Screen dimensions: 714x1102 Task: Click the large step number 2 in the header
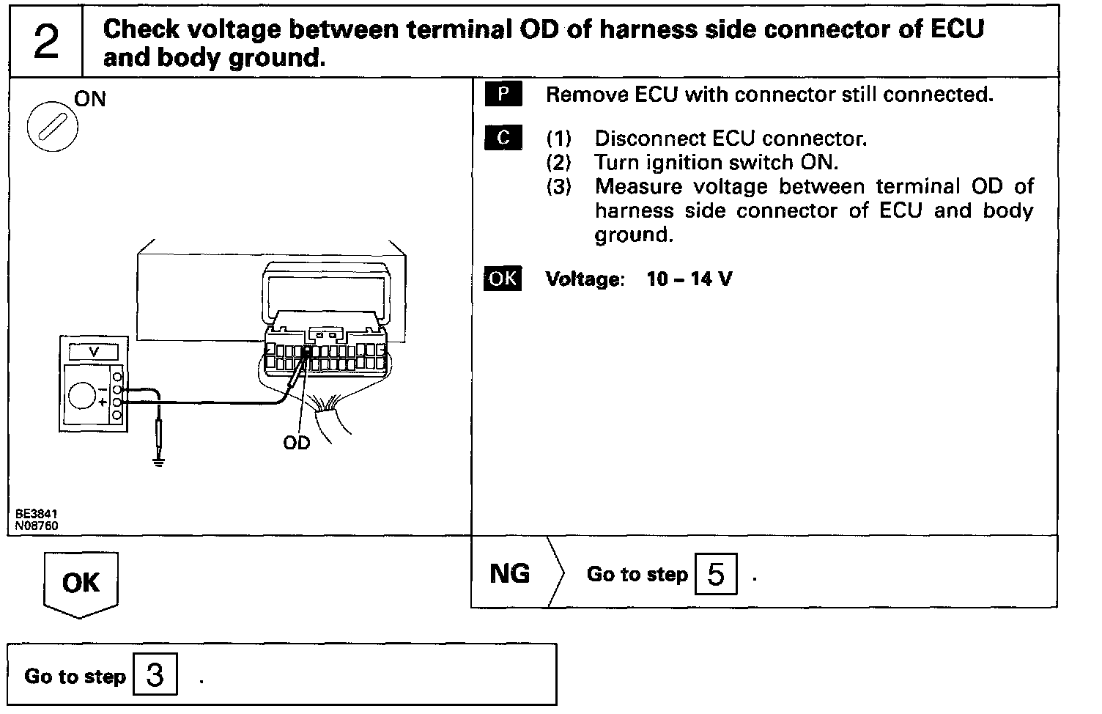click(x=46, y=42)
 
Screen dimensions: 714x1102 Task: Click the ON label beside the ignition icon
click(x=90, y=98)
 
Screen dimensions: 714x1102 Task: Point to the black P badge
click(x=503, y=95)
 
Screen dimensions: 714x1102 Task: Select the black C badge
click(x=503, y=138)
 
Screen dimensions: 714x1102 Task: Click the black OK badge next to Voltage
click(x=503, y=279)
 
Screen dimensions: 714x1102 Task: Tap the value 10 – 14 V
click(x=689, y=279)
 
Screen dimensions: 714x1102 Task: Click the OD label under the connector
click(x=297, y=443)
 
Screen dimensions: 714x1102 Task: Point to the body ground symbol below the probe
click(x=158, y=463)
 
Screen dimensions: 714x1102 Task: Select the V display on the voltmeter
click(x=93, y=353)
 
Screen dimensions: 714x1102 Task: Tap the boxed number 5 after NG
click(x=716, y=574)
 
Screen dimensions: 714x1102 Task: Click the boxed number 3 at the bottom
click(x=155, y=674)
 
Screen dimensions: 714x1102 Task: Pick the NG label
click(x=509, y=573)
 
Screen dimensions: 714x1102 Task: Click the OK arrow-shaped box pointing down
click(x=81, y=584)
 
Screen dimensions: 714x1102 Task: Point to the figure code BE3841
click(x=36, y=515)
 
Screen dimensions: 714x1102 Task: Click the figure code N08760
click(x=37, y=525)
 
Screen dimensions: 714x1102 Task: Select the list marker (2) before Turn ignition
click(x=558, y=162)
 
